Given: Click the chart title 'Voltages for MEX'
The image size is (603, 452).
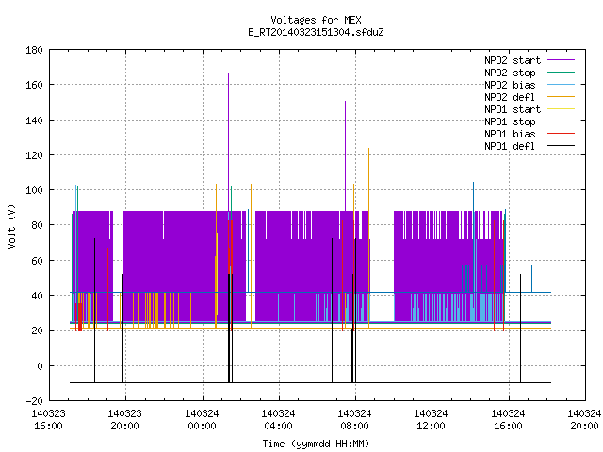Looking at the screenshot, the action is click(x=316, y=20).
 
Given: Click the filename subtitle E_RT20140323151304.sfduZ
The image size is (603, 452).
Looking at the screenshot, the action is click(x=316, y=32).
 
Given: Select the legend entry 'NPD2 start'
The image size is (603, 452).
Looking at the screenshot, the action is click(x=513, y=60).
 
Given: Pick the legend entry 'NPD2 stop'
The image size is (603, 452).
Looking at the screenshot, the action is click(x=510, y=73).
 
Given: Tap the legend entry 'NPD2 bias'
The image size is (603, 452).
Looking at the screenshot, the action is click(x=510, y=85).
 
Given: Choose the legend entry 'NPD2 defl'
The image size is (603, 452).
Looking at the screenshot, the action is click(x=510, y=97).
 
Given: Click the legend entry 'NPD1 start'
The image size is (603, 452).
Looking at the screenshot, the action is click(x=513, y=109).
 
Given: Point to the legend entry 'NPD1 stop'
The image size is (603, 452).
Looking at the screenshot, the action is click(x=510, y=121).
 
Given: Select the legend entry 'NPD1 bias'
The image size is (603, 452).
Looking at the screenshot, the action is click(x=510, y=134).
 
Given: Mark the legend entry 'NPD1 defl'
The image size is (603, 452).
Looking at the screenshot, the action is click(x=510, y=147).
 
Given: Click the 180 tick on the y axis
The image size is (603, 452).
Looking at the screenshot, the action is click(x=34, y=50).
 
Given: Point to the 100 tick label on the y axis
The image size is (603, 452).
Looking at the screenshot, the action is click(x=34, y=190).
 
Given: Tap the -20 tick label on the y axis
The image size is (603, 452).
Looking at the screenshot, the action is click(x=34, y=401).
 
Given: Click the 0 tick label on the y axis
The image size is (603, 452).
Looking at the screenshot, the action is click(x=40, y=366).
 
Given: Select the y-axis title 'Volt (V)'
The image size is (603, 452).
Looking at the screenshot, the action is click(x=12, y=226).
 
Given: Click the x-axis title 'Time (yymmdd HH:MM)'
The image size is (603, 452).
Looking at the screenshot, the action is click(x=316, y=444).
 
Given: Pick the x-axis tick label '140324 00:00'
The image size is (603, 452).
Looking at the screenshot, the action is click(x=202, y=420).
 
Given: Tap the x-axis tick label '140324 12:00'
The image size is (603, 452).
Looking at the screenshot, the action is click(x=432, y=420).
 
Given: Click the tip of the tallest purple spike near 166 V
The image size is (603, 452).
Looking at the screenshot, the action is click(x=228, y=73).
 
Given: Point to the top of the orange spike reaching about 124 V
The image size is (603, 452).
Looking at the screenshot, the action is click(x=368, y=148).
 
